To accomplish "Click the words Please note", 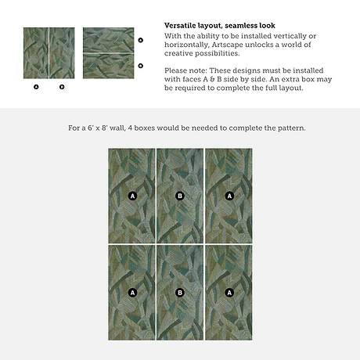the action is click(185, 70).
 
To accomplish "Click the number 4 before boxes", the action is click(130, 128).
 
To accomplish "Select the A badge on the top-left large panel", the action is click(132, 196).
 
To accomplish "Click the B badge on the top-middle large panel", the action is click(180, 196).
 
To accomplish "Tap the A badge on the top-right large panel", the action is click(229, 196).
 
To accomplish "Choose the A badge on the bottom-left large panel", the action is click(132, 293).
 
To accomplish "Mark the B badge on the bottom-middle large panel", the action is click(180, 293).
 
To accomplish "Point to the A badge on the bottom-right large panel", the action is click(229, 293).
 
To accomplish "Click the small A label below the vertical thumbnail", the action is click(36, 87).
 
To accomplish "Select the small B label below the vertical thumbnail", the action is click(62, 87).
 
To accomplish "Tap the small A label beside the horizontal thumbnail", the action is click(141, 40).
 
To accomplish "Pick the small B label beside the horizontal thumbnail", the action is click(141, 66).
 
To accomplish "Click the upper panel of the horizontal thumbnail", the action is click(109, 40).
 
